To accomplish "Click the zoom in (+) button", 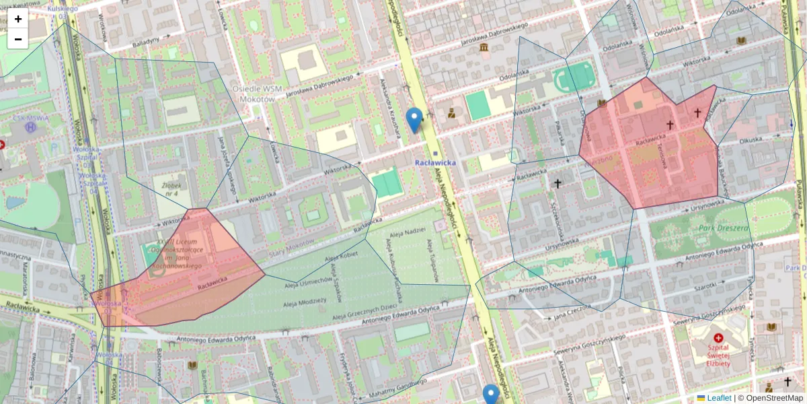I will click(x=18, y=19).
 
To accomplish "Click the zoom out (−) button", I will click(x=18, y=39).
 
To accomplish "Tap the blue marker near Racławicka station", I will click(x=415, y=120).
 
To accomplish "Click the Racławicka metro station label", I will click(x=435, y=162).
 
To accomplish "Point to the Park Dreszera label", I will click(x=724, y=228).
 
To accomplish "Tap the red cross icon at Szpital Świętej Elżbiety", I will click(x=718, y=338).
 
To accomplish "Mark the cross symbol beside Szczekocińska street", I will click(x=558, y=182).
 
